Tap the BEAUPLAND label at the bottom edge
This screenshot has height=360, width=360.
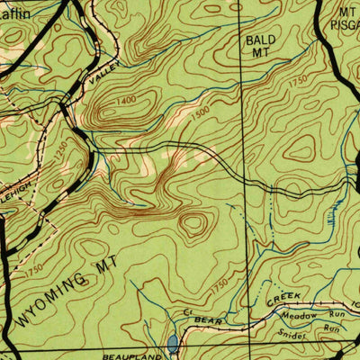tap(127, 356)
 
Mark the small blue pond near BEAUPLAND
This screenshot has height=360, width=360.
tap(172, 343)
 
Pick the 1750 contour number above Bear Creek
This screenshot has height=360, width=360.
tap(219, 285)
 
